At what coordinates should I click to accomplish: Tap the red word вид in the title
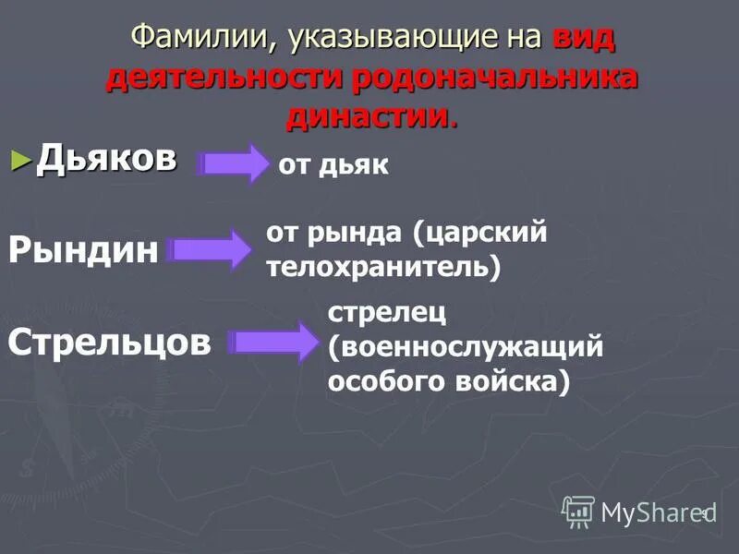[x=583, y=38]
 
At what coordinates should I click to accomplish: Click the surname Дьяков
[x=106, y=159]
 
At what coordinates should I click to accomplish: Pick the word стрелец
[x=387, y=311]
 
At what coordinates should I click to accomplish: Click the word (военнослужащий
[x=465, y=346]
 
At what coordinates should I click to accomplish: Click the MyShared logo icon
[x=578, y=511]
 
